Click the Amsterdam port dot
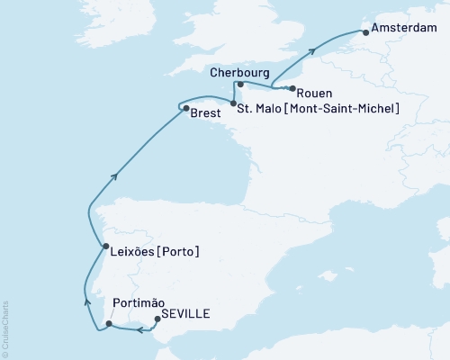point(364,32)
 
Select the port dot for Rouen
point(292,88)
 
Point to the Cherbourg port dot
point(240,85)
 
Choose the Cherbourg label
point(240,72)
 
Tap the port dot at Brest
point(185,110)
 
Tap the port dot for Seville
point(157,318)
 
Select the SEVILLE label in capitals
point(187,313)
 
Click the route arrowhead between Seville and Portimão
point(140,331)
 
